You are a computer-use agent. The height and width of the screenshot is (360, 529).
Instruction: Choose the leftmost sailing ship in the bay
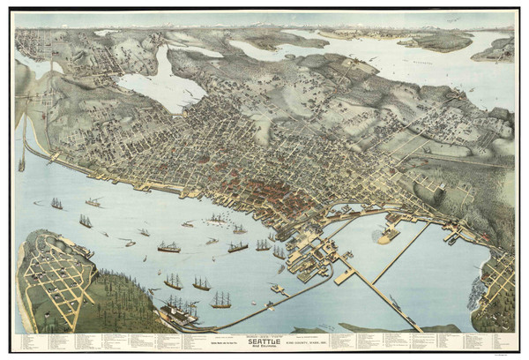click(x=56, y=204)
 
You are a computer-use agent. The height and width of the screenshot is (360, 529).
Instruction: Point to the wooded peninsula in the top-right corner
click(x=494, y=50)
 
